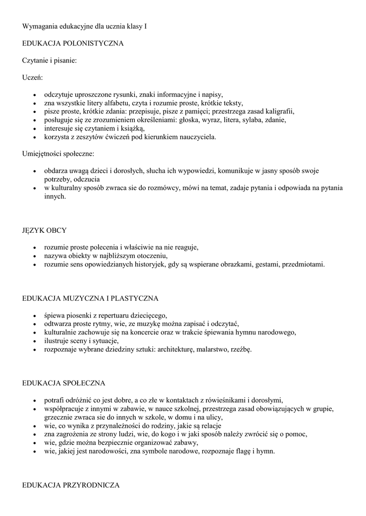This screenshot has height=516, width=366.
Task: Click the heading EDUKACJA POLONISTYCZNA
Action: click(73, 44)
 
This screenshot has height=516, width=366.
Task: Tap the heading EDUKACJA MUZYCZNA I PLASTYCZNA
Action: click(90, 298)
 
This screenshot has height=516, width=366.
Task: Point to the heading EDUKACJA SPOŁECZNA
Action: click(64, 383)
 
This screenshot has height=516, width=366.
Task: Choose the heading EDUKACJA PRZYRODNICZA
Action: click(71, 485)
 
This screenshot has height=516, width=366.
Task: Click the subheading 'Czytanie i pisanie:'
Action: click(49, 61)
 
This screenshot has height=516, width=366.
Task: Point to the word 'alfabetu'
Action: click(112, 103)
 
